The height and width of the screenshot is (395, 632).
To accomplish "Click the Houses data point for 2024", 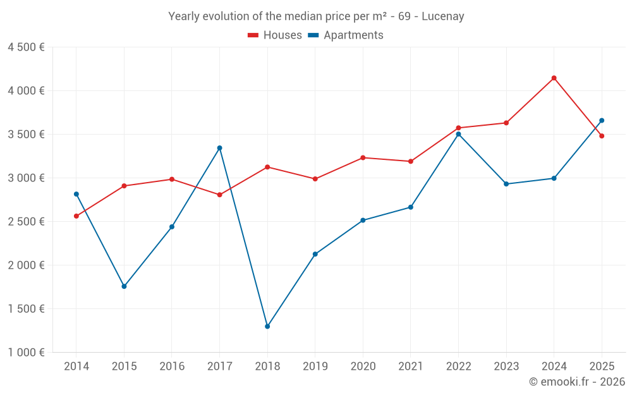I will (x=554, y=78).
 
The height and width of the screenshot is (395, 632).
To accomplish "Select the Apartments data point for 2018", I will (x=267, y=327).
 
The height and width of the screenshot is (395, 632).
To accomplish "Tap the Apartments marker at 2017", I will (x=219, y=148).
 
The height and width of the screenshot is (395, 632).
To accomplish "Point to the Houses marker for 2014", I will (x=76, y=216).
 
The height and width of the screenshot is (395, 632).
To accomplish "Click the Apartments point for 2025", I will (x=602, y=120).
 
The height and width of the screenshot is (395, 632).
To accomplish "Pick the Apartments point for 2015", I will (x=124, y=286).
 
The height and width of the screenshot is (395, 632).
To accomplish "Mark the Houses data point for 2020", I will (x=363, y=157).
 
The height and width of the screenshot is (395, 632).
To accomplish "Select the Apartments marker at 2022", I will (x=458, y=134).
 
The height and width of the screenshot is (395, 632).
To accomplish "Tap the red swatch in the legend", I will (x=253, y=35).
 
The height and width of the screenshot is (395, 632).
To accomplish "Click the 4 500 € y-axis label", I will (x=26, y=47).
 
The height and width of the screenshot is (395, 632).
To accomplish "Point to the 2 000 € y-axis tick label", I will (x=26, y=265).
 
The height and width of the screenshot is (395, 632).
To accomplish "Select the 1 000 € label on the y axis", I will (x=26, y=353).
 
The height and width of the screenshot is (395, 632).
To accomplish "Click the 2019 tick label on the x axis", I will (x=315, y=367).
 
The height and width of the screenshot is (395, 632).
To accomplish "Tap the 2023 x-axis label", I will (x=506, y=367).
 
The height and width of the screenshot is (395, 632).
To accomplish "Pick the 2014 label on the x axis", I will (x=76, y=367).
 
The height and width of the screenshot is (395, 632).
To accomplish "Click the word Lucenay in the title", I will (x=445, y=16).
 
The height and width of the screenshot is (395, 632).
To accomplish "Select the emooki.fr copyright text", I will (x=577, y=382).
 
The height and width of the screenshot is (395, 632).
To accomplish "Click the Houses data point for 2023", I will (x=506, y=123).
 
